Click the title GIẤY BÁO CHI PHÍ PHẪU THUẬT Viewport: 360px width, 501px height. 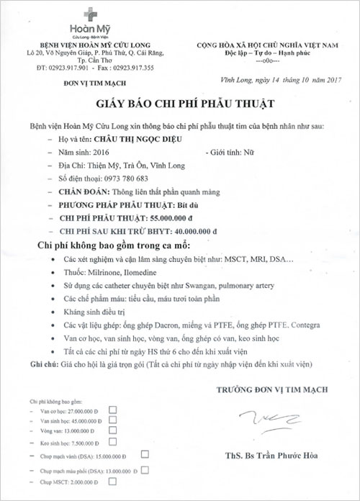(180, 104)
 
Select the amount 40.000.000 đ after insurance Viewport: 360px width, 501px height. (185, 230)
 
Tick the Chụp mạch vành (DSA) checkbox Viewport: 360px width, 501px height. (145, 454)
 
